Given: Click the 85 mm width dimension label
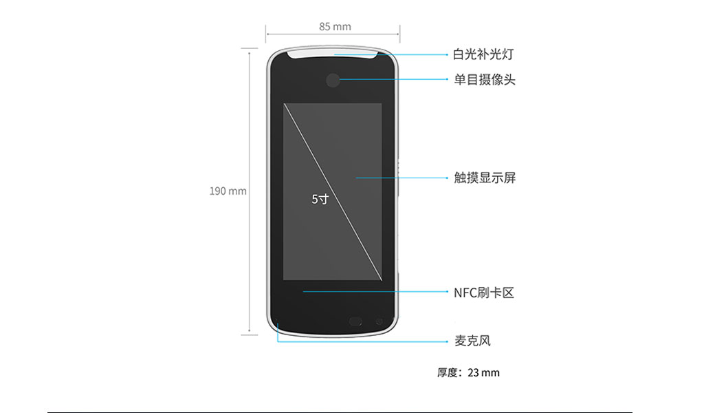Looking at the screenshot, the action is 335,27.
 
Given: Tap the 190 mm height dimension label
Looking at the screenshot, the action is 228,191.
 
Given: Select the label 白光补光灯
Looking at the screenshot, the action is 483,54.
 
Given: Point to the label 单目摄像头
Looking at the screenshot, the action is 484,80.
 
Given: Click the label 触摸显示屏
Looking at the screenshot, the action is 485,178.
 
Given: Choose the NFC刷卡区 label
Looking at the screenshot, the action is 484,293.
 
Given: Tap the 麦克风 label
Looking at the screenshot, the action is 472,341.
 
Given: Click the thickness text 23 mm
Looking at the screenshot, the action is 483,373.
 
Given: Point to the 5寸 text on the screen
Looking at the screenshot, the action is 320,199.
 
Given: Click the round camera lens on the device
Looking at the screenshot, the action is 333,81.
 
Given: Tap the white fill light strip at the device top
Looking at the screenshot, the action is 333,53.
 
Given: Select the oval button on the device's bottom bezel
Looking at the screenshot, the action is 355,321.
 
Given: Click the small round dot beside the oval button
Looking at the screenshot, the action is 379,321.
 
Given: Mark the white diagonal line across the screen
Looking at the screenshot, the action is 333,191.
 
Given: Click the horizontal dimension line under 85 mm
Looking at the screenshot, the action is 333,34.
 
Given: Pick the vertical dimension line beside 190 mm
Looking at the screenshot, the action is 249,191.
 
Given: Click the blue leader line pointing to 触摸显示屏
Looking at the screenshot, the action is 401,178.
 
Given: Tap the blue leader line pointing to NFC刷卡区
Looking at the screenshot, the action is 375,291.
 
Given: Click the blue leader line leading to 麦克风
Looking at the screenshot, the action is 362,341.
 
